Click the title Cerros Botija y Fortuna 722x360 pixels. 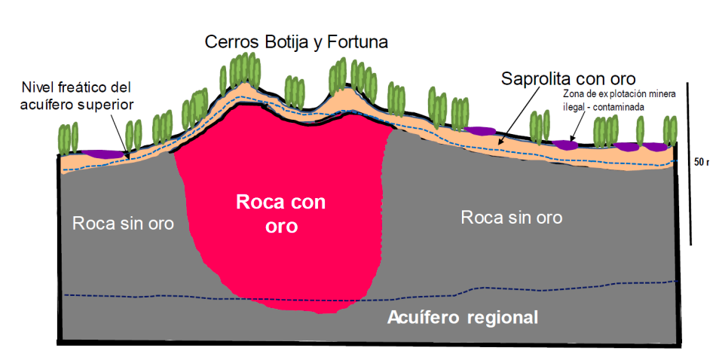coord(296,42)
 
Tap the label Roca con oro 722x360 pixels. coord(280,214)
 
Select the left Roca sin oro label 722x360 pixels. coord(123,223)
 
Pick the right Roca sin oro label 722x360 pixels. coord(512,218)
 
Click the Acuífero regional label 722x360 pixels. coord(463,317)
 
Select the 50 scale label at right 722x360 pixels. coord(702,162)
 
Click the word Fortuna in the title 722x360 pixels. coord(356,42)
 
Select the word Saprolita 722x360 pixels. coord(534,78)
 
